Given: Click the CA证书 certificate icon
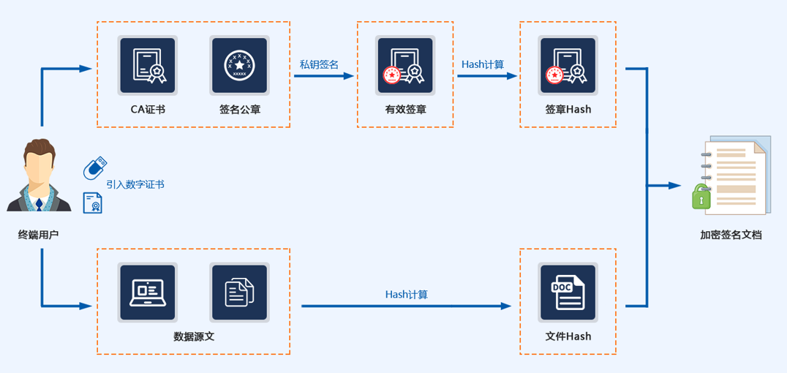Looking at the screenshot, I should tap(148, 65).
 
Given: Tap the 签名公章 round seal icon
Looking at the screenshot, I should tap(239, 65).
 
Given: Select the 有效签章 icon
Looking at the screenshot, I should tap(405, 66).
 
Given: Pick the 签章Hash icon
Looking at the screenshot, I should tap(568, 66).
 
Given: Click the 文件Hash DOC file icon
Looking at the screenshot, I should tap(568, 293).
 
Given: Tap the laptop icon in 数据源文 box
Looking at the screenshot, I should tap(148, 293).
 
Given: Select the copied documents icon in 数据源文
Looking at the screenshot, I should tap(239, 293).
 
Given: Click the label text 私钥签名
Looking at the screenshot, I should tap(319, 64).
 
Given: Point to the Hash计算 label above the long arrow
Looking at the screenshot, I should tap(407, 295).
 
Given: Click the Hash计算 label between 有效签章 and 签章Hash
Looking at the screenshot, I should tap(483, 64).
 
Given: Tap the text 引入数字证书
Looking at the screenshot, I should tap(135, 184).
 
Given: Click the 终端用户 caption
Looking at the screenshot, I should tap(38, 236).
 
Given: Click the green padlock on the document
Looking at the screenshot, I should tap(701, 197).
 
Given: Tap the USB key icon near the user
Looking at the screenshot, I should tap(94, 168).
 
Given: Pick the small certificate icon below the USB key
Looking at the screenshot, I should tap(93, 203).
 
